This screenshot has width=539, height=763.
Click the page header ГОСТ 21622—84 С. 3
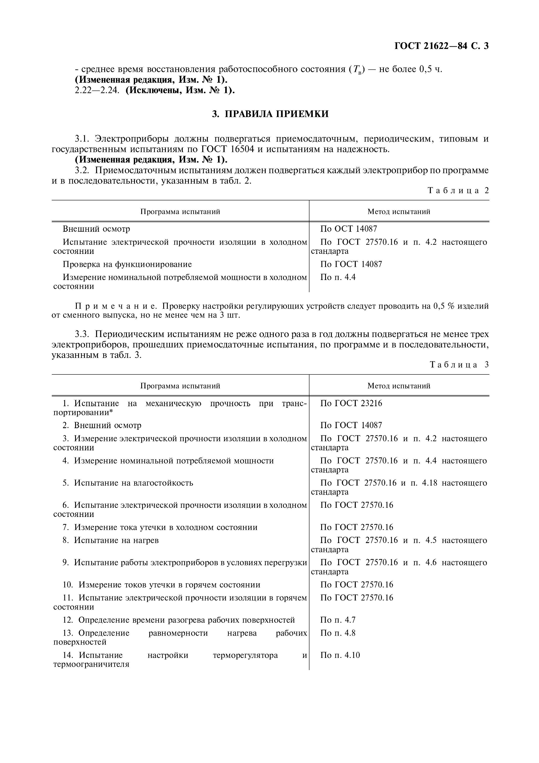(x=441, y=46)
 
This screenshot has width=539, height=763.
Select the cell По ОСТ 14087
(x=348, y=229)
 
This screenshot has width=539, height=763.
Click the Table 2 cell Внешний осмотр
(x=96, y=229)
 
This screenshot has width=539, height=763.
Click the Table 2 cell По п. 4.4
(x=338, y=277)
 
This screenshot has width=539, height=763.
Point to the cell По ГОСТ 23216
(x=351, y=403)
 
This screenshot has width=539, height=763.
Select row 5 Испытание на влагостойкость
(x=128, y=483)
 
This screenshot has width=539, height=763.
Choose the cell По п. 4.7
(x=338, y=620)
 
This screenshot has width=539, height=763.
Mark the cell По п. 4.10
(x=340, y=655)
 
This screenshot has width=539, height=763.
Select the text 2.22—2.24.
(x=97, y=90)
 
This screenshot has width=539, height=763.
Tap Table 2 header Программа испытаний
(x=180, y=212)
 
